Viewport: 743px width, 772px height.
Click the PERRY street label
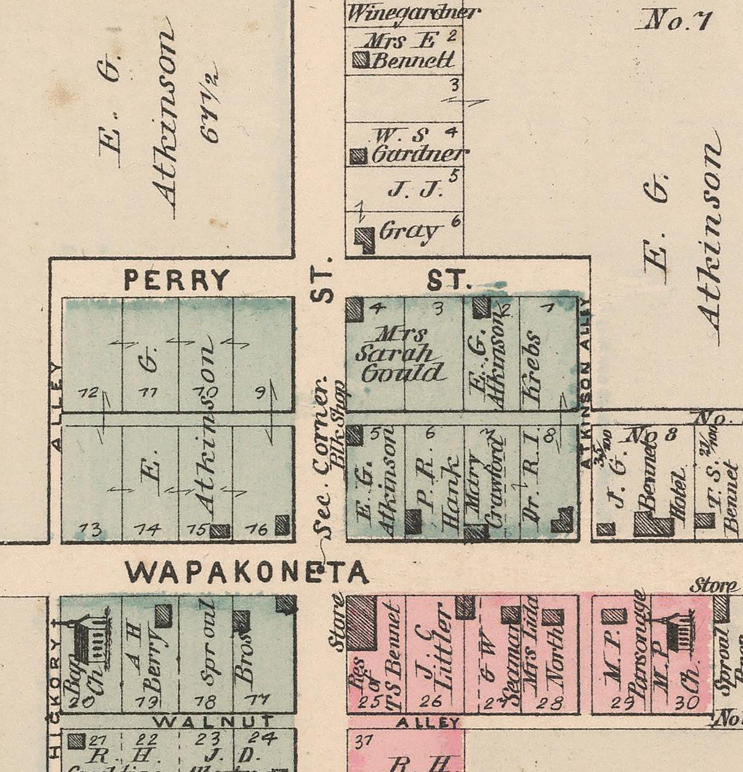coord(176,280)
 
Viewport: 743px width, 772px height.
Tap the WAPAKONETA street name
coord(247,573)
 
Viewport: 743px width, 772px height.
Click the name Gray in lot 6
coord(409,231)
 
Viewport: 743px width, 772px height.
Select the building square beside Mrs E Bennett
coord(361,59)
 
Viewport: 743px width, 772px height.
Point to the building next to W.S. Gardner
coord(357,156)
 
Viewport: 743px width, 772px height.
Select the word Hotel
coord(679,501)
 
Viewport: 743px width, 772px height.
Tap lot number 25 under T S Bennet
coord(370,702)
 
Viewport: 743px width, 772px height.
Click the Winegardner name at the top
coord(413,12)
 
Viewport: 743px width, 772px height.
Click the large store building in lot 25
coord(361,622)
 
